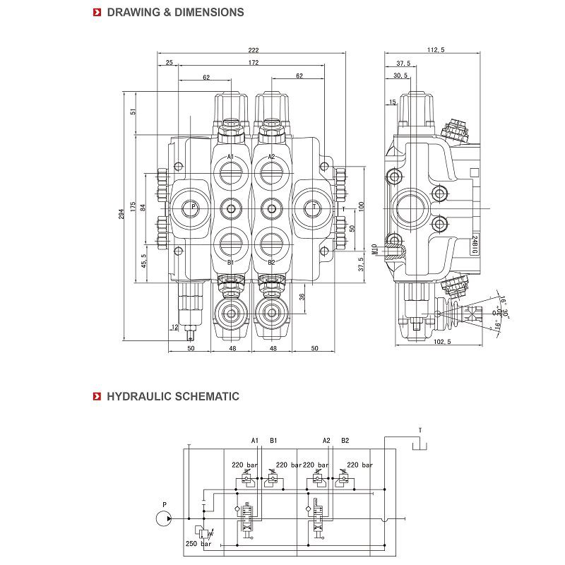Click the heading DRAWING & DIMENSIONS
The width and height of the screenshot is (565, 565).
(175, 12)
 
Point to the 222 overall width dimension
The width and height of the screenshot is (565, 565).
(254, 49)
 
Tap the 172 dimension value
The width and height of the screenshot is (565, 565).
(254, 63)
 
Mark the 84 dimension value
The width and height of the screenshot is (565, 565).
(143, 207)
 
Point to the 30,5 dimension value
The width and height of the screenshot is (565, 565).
(400, 76)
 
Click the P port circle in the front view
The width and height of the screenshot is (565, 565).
(189, 207)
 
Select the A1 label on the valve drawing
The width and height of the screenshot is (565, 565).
(230, 157)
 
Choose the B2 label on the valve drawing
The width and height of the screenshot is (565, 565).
(270, 262)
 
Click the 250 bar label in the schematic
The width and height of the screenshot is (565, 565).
(198, 543)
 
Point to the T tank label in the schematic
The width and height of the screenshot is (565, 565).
(420, 429)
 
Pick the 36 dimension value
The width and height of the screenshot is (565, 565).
(302, 297)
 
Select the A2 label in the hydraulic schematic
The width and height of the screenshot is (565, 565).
(326, 440)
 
